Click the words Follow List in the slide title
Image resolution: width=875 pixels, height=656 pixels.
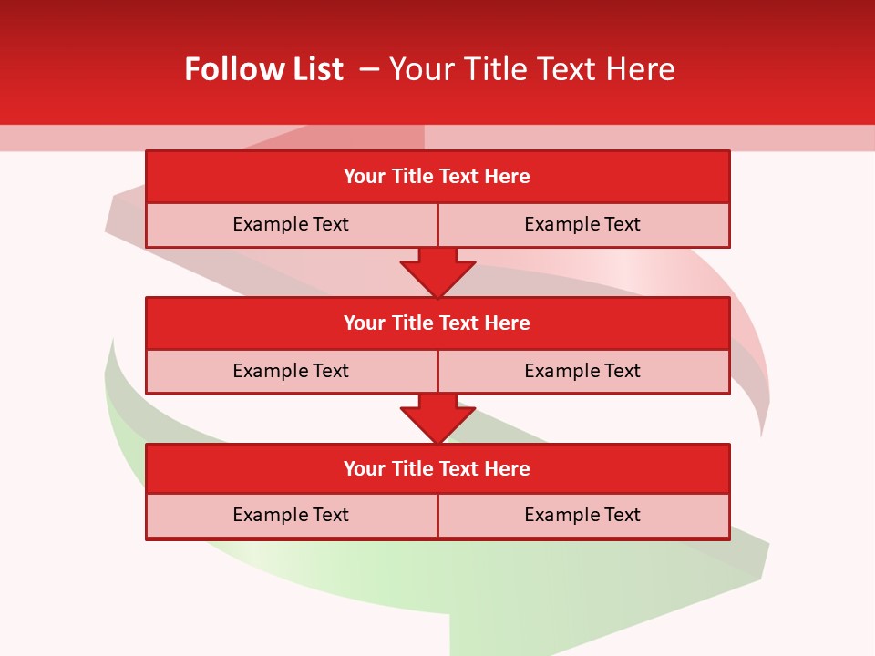263,69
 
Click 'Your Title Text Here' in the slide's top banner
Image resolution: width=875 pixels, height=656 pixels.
532,69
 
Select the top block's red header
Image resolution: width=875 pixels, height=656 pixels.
437,177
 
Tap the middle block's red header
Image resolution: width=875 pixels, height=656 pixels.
437,323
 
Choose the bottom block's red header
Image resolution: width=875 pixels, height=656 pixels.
437,468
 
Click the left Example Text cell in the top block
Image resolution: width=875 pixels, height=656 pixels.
291,224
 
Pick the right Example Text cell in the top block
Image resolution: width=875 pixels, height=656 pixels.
582,224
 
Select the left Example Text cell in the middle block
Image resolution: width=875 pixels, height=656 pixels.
291,371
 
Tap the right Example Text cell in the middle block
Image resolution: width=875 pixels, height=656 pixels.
582,371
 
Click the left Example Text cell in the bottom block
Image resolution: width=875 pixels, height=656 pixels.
291,515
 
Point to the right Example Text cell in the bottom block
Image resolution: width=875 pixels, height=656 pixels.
582,515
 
